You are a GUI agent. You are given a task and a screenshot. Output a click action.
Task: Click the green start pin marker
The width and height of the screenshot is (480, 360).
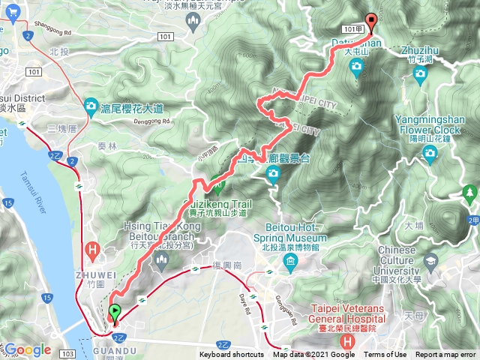coord(114,313)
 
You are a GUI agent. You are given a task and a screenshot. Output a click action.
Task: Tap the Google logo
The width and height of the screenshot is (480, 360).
coord(28,349)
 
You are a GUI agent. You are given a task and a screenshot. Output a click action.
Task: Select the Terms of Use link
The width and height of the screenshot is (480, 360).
coord(385,355)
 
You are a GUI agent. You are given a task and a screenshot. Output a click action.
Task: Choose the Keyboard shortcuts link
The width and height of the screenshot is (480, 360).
coord(231,355)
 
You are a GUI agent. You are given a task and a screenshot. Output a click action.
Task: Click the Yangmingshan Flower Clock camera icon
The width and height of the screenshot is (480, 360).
coord(430,154)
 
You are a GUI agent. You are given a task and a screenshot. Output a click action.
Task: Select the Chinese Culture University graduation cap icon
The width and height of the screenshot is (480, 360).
coord(430,262)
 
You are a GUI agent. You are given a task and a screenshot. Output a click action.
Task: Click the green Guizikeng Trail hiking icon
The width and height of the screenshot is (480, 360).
coord(217,181)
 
